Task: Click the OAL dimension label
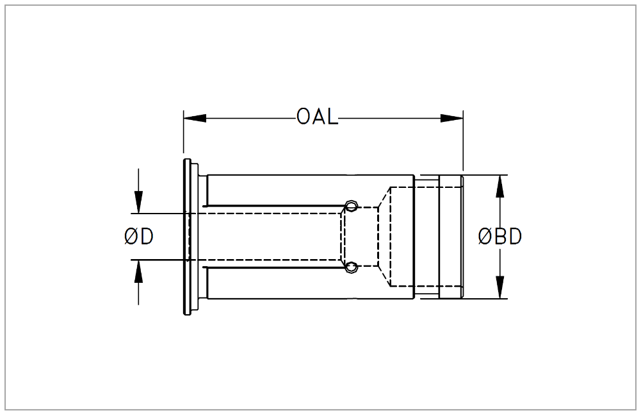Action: tap(317, 118)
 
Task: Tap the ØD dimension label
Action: tap(138, 237)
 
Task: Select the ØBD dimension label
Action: tap(500, 237)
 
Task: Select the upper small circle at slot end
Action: tap(350, 206)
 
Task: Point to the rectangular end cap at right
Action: tap(450, 237)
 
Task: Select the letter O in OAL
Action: tap(304, 118)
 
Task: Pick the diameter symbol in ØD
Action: tap(131, 237)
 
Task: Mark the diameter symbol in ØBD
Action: tap(485, 237)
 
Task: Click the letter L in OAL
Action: tap(331, 118)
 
